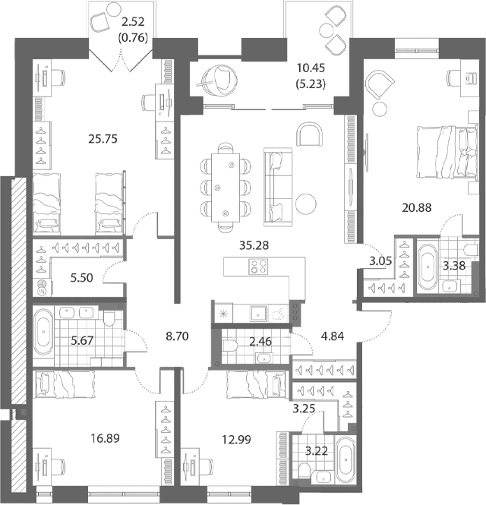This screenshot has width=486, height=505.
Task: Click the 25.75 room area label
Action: point(103,139)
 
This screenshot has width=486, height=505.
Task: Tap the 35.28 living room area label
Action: point(254,245)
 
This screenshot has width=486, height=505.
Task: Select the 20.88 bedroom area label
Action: point(417,208)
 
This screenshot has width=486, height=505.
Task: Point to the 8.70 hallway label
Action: point(177,336)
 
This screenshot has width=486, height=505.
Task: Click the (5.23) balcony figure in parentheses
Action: point(311,84)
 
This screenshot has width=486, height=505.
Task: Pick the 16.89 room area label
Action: point(106,438)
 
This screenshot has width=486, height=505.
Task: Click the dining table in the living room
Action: point(226,188)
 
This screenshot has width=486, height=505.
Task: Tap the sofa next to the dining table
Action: point(278,187)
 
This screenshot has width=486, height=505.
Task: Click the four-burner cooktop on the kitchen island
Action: point(258,267)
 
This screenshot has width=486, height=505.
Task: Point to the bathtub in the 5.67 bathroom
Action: point(43,333)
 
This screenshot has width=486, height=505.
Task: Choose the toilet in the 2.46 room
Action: point(230,346)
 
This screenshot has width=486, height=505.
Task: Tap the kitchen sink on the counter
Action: point(258,314)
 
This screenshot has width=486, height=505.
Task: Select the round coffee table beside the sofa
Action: point(306,204)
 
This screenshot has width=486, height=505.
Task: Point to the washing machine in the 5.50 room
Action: point(43,288)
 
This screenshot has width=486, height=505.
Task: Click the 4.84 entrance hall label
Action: point(333,336)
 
